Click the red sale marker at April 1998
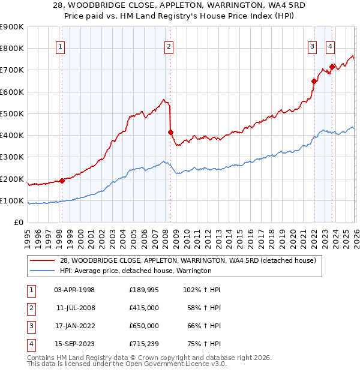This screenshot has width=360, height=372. (62, 181)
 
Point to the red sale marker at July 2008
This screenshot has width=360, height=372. (170, 132)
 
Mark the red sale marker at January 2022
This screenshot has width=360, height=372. (314, 81)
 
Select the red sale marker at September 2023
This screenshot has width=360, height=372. (332, 67)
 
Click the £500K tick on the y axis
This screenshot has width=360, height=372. (12, 113)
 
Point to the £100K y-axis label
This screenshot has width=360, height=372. (12, 200)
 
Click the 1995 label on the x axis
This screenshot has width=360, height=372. (28, 235)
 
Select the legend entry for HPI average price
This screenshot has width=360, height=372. (136, 271)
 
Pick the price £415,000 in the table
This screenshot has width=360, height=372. (144, 307)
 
